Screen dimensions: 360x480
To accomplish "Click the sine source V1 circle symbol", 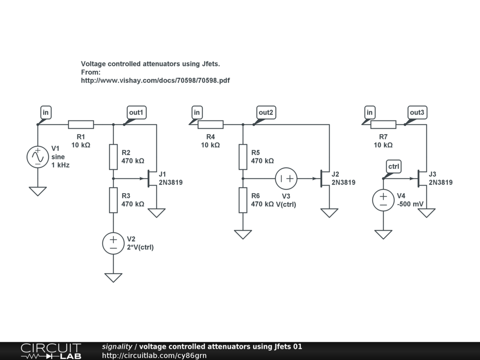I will [37, 157].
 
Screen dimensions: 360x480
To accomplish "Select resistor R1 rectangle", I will [81, 124].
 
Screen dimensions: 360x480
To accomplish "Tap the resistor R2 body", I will [113, 157].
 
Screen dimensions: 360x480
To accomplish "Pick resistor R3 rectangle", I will [113, 200].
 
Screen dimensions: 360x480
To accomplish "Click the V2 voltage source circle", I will [113, 243].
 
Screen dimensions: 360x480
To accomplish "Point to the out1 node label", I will [136, 112].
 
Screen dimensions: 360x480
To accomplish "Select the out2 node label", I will [266, 112].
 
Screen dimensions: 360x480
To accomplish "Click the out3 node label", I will [417, 112].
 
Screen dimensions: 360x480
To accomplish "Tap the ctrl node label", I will [394, 167].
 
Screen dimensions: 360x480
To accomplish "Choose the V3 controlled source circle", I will [286, 178].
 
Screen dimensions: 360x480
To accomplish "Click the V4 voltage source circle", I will [383, 200].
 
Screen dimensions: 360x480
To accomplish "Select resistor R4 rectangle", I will [210, 124].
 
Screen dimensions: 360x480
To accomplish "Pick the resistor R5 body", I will [243, 157].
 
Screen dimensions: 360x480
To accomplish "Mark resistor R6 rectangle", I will [243, 200].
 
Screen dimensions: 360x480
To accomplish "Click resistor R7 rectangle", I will [383, 124].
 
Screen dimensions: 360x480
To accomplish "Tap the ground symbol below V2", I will [113, 277].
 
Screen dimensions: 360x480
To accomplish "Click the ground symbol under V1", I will [37, 191].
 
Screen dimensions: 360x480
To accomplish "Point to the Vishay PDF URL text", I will [155, 81].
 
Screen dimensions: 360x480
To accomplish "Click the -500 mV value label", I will [410, 204].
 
